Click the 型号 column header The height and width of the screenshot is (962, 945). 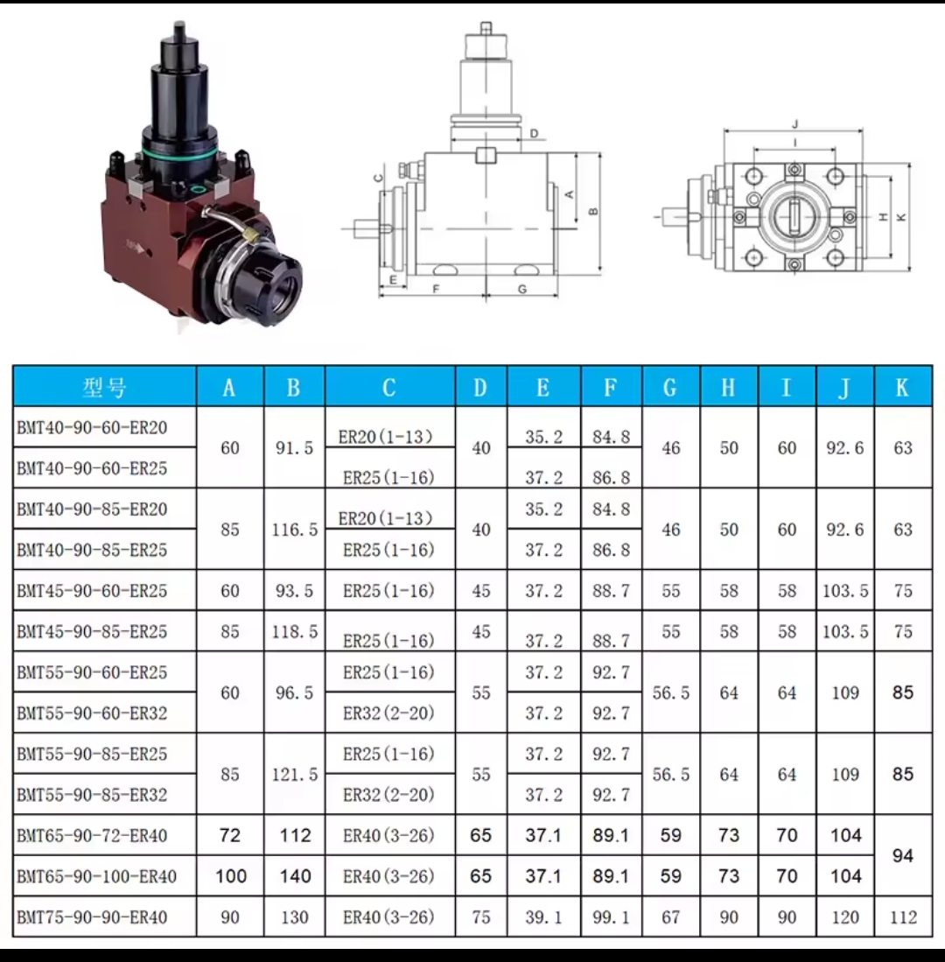pos(104,387)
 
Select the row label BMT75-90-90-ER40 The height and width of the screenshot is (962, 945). pos(92,917)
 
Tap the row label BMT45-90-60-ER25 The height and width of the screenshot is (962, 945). pos(92,591)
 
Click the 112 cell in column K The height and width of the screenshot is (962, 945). pos(903,917)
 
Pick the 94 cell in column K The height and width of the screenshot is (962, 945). pos(903,856)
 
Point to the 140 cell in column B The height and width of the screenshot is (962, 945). pos(295,876)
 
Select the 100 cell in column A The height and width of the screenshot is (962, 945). pos(231,876)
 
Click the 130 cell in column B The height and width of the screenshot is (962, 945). pos(295,917)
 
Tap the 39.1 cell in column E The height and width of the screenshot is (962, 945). pos(544,917)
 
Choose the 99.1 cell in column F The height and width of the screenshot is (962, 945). pos(611,917)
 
